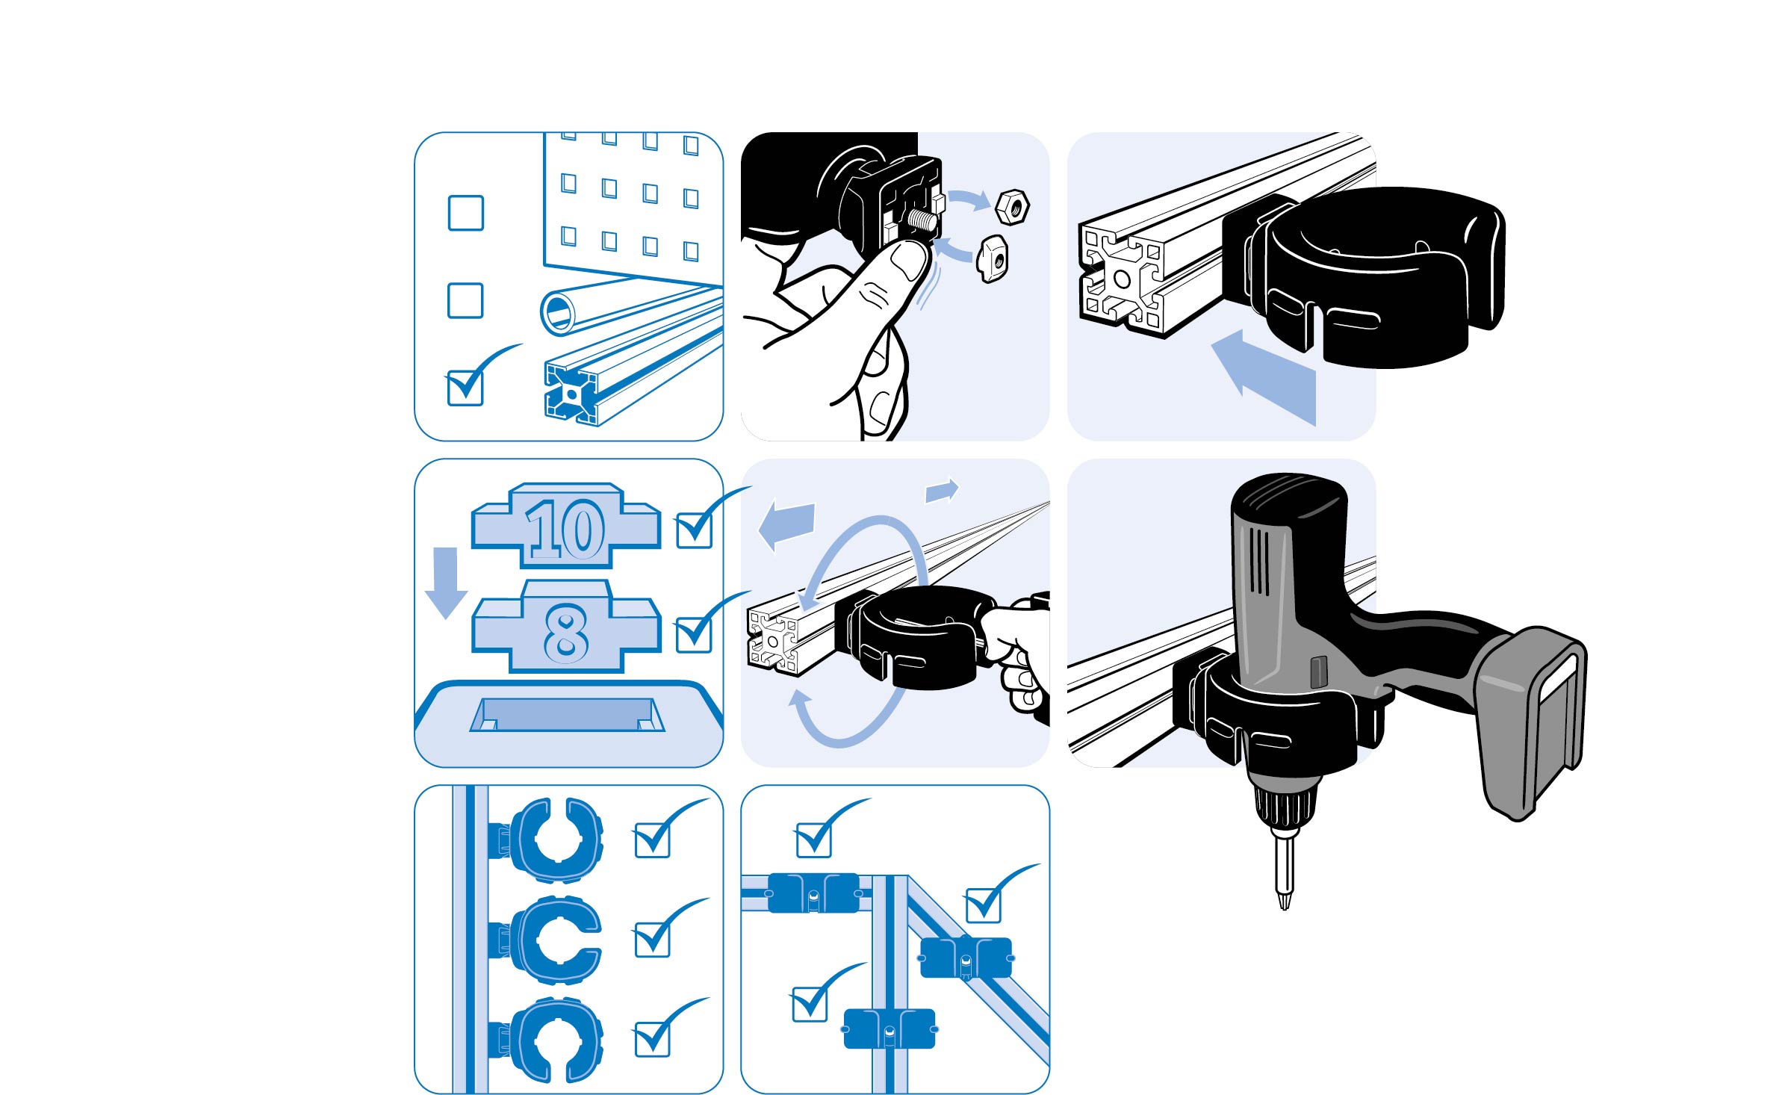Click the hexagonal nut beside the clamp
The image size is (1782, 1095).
[x=1012, y=206]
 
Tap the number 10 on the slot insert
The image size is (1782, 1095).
[x=565, y=529]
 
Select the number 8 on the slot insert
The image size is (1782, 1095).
[x=565, y=633]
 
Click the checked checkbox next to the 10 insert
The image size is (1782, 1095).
[x=694, y=531]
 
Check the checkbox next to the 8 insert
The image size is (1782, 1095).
[x=694, y=635]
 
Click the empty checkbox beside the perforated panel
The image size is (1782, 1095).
[x=465, y=213]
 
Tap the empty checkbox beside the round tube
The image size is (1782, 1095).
[x=465, y=300]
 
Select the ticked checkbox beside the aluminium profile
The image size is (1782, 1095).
[x=465, y=388]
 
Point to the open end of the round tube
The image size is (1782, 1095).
[x=559, y=312]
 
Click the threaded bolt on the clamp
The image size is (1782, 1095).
[x=921, y=219]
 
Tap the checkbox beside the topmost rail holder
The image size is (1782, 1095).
[x=652, y=840]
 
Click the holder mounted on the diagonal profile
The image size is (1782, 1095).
[x=966, y=958]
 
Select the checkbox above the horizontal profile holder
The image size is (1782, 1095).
[x=813, y=840]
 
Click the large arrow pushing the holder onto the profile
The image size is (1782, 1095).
[x=1264, y=377]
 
